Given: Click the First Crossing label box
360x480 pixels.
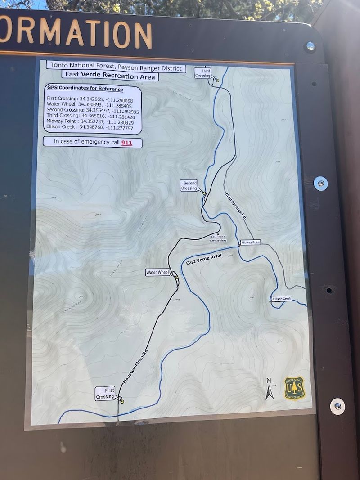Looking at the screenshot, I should (x=105, y=393).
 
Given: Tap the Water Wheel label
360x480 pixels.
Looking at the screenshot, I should (x=157, y=273).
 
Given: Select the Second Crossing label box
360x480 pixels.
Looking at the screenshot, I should (x=189, y=185).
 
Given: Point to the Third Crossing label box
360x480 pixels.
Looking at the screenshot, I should (x=203, y=73).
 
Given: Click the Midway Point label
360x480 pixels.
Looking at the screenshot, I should (x=251, y=242).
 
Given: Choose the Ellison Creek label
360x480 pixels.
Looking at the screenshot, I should (x=282, y=299).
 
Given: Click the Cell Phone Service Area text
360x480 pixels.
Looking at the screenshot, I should (x=218, y=238).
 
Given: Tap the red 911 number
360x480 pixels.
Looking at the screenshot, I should (x=127, y=143).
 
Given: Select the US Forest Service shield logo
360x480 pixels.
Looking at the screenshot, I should (x=294, y=388).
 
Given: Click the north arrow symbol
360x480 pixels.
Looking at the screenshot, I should (x=269, y=390).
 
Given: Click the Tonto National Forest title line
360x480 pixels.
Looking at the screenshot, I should (x=116, y=66).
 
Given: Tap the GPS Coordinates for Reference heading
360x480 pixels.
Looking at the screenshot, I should (x=85, y=89).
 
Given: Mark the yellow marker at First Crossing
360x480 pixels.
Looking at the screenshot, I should (x=122, y=401).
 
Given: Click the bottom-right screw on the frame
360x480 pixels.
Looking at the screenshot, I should (x=337, y=406).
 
